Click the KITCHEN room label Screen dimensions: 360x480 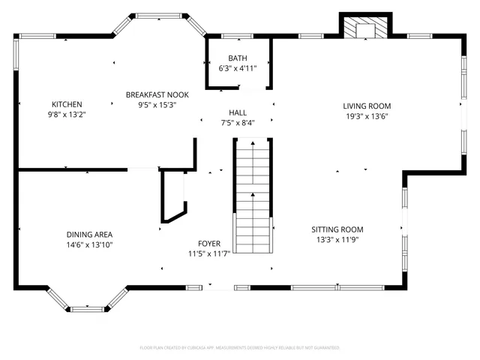tap(67, 104)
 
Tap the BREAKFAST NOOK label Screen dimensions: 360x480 tap(157, 94)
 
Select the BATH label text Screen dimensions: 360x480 tap(238, 58)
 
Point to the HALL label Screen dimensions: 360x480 tap(238, 112)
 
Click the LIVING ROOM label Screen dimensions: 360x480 tap(367, 106)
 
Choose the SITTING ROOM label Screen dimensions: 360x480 tap(337, 229)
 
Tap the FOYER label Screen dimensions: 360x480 tap(209, 244)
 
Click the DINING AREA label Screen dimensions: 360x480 tap(89, 235)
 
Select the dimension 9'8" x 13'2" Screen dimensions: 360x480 tap(67, 115)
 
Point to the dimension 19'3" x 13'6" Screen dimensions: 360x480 tap(367, 116)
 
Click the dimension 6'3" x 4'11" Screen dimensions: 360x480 tap(238, 68)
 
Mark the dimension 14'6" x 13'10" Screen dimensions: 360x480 tap(89, 244)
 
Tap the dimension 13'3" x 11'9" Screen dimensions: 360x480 tap(337, 240)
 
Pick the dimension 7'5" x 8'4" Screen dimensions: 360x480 tap(238, 123)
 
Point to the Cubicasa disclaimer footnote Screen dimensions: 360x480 tap(240, 348)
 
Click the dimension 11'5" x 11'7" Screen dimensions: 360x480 tap(209, 254)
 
